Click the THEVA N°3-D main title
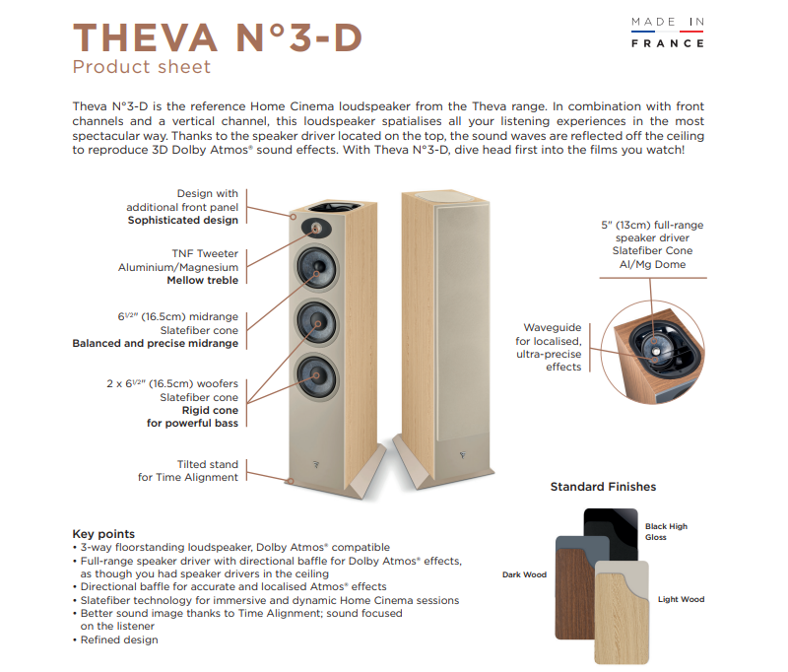(217, 36)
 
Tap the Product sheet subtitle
(142, 68)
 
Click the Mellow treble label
(202, 280)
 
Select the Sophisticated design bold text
(183, 220)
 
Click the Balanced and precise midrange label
(156, 344)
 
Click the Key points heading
(103, 534)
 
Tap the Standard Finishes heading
(603, 487)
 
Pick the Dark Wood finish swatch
(575, 591)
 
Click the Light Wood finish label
(682, 599)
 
